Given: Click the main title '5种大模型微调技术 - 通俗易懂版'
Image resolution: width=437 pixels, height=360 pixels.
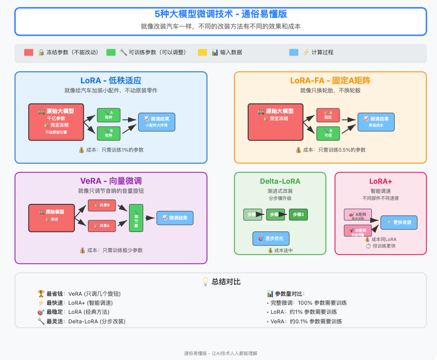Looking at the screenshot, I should [x=221, y=14].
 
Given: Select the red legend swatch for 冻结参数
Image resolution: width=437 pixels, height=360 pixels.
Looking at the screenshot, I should [x=29, y=52].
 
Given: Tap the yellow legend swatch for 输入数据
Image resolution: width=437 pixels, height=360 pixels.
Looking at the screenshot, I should [x=202, y=52].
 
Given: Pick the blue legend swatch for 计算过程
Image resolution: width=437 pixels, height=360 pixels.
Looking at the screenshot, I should [x=294, y=52].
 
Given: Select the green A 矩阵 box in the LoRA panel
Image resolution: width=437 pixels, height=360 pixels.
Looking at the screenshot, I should [x=108, y=114].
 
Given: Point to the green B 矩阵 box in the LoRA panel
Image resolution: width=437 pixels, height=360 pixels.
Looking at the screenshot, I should [x=108, y=133].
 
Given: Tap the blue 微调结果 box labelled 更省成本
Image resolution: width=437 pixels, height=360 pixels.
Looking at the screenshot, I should [x=376, y=122].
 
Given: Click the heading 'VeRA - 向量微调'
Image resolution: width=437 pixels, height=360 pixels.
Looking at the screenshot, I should [x=111, y=181].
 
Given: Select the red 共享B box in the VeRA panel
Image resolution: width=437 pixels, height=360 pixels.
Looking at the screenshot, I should [x=102, y=205].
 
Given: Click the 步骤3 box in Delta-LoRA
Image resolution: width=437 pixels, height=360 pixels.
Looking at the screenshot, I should [x=299, y=215].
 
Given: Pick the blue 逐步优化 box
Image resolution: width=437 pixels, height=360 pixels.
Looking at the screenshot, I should [x=271, y=238].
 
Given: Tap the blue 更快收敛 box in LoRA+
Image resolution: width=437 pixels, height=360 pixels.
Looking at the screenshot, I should [x=399, y=222].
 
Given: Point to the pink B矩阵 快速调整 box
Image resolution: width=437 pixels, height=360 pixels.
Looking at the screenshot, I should [x=358, y=231].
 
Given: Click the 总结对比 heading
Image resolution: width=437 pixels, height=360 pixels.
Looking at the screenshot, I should [x=221, y=282].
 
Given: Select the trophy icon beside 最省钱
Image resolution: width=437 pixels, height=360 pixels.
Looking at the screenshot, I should [x=41, y=294].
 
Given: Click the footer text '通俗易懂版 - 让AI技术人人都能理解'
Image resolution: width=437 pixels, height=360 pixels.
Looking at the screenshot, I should [x=221, y=353].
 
